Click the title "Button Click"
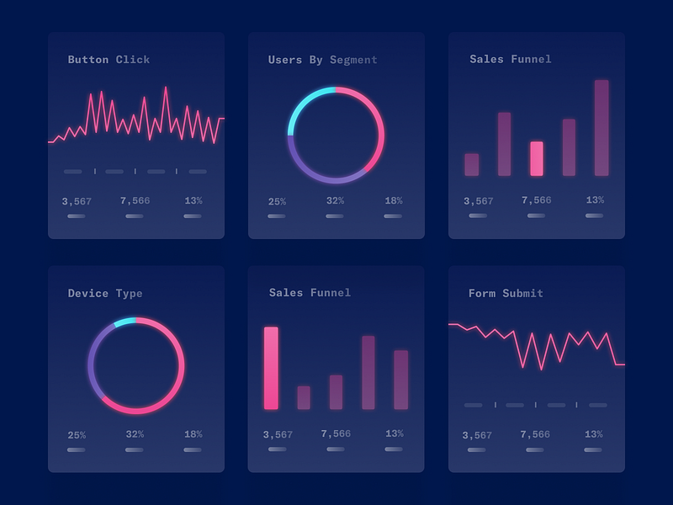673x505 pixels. (109, 60)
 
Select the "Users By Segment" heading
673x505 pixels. (322, 60)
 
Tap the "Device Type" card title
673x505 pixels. (105, 294)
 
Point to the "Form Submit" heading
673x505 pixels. (506, 294)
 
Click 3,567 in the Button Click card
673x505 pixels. (77, 201)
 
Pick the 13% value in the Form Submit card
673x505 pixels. (594, 434)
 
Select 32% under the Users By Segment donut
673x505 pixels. (335, 201)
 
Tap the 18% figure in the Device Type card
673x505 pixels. (193, 434)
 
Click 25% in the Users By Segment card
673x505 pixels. (277, 202)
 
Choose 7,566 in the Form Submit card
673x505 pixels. (535, 435)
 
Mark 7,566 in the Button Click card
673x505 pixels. (135, 201)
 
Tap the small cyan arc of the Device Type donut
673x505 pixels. (125, 322)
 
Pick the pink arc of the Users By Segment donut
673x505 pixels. (379, 126)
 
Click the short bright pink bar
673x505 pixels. (537, 158)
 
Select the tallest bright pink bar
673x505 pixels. (271, 368)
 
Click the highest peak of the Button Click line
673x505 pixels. (166, 88)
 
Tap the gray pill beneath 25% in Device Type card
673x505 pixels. (77, 450)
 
